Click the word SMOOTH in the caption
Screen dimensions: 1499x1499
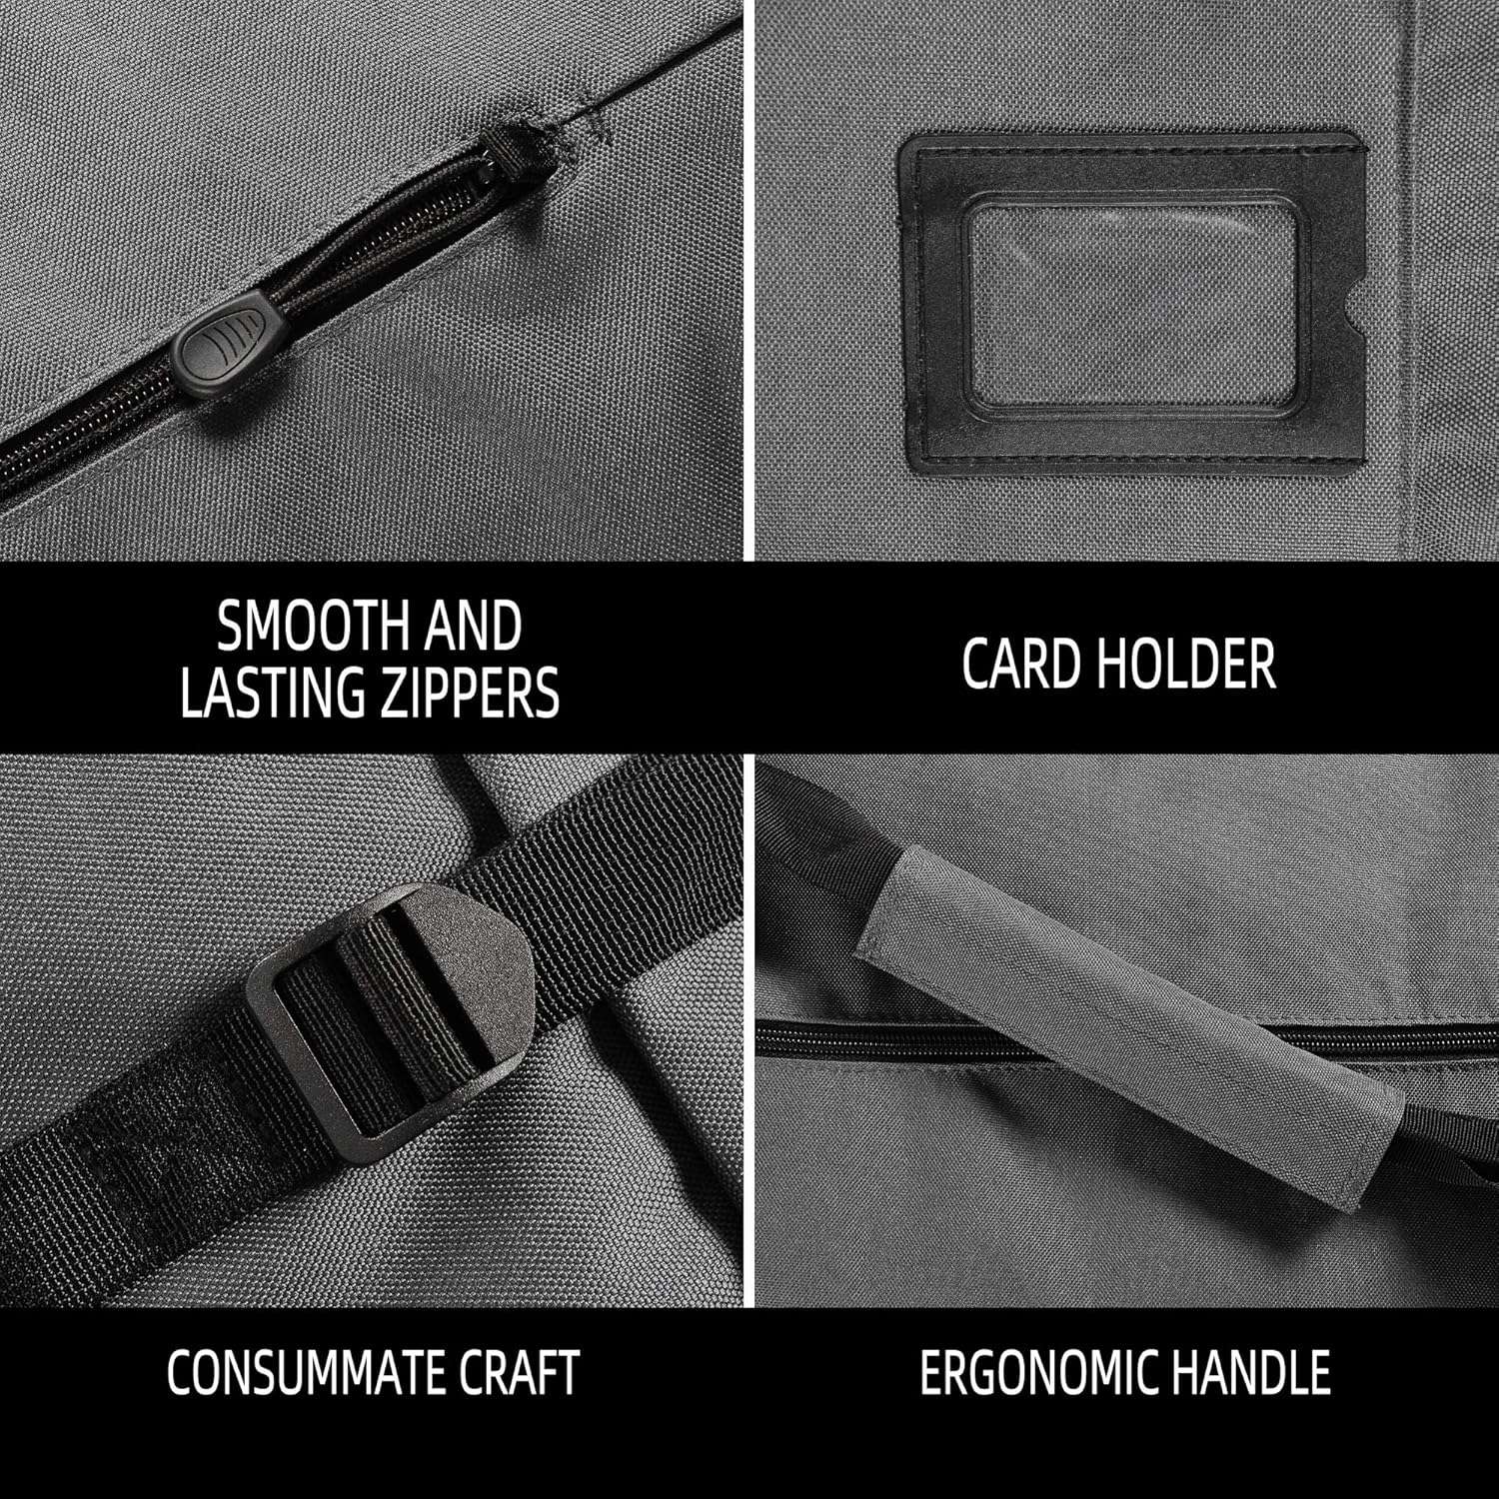[309, 627]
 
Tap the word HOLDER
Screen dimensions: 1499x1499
[1184, 663]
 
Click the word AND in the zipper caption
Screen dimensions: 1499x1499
[469, 627]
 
